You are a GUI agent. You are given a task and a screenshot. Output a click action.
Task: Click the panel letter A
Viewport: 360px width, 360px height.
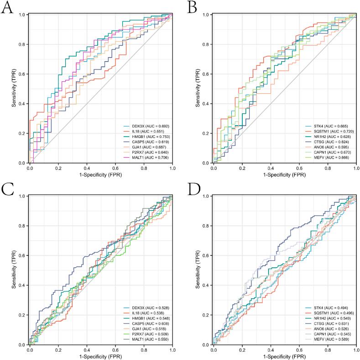[x=8, y=9]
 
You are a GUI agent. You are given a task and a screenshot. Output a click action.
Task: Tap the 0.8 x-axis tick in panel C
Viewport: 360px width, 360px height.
[x=144, y=350]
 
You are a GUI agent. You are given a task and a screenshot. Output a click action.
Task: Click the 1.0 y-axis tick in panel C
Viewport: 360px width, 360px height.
[x=22, y=196]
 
